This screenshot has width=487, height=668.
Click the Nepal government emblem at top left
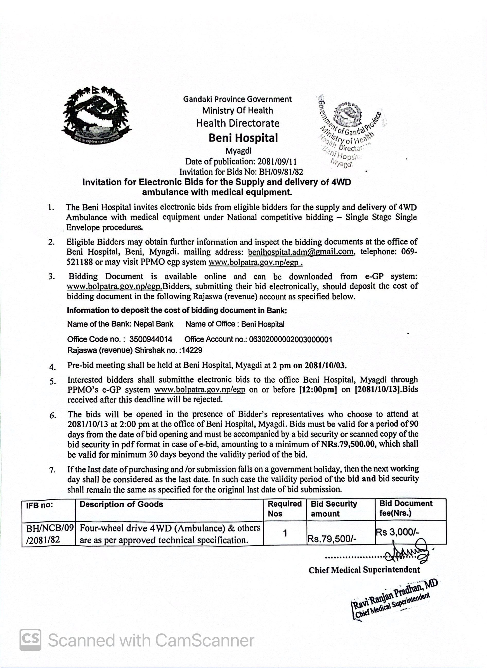click(97, 115)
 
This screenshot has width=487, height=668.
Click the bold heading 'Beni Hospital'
click(243, 138)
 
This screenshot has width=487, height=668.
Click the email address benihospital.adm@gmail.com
click(301, 252)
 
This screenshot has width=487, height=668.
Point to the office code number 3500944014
click(151, 339)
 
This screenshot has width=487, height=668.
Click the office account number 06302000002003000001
click(290, 339)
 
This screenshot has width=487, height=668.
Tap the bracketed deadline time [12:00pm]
click(318, 390)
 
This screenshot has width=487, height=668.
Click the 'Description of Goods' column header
click(121, 504)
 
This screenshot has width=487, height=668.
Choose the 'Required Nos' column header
click(284, 508)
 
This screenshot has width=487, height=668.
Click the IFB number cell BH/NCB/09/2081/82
click(49, 534)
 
